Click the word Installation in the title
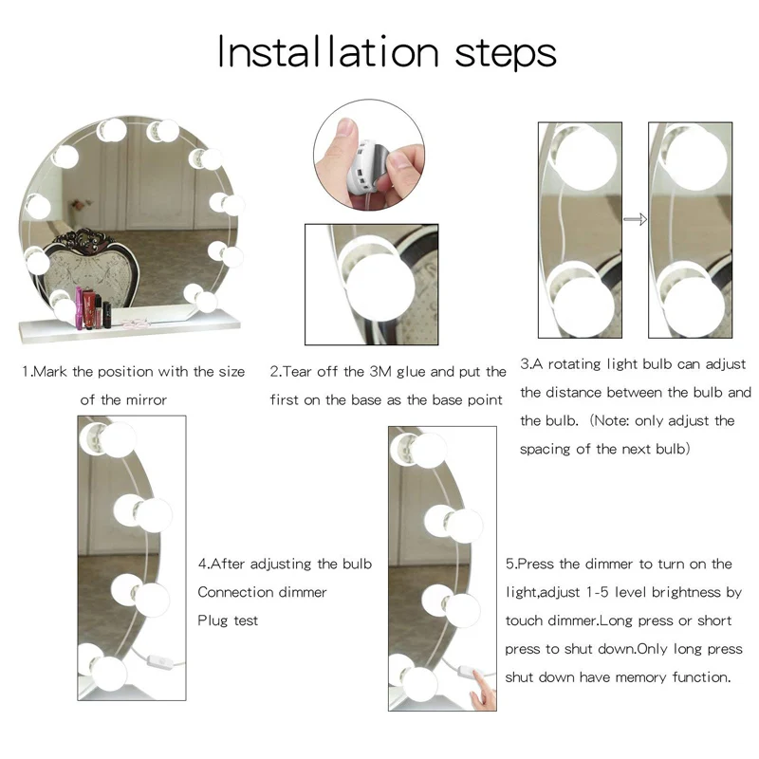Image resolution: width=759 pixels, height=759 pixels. (328, 52)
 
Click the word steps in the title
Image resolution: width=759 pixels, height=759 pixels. (506, 54)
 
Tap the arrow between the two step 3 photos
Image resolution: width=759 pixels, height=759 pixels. (635, 219)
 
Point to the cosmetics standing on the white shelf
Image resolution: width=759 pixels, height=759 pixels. (93, 307)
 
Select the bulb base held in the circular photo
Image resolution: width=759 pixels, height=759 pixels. (362, 166)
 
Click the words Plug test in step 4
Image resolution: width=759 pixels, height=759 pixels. (228, 620)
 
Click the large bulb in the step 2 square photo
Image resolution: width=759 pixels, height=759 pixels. (381, 287)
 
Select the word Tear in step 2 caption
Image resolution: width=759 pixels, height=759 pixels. (297, 371)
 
